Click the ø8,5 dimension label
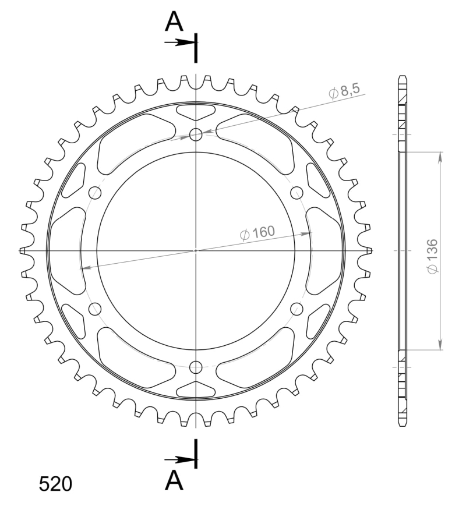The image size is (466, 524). [344, 91]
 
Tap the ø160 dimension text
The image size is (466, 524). [257, 232]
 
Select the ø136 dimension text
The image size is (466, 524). [432, 256]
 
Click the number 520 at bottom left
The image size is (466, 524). [55, 484]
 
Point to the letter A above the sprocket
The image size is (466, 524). [174, 22]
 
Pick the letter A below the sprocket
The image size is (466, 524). [174, 480]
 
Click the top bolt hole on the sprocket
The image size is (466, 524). [196, 135]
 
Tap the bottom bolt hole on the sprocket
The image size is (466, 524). [196, 367]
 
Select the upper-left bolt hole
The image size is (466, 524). [96, 193]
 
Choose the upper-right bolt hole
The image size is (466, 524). [296, 193]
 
